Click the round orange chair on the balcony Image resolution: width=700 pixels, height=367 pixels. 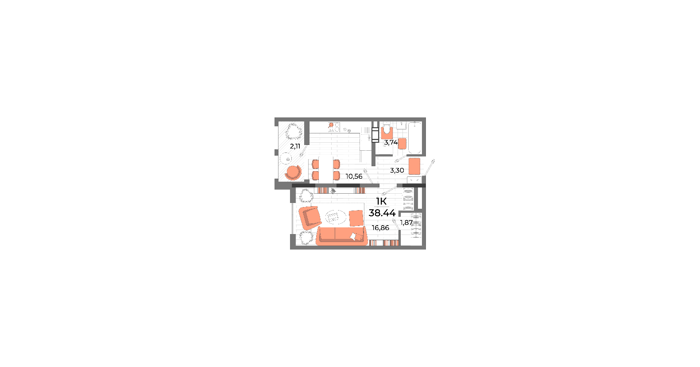[x=293, y=172]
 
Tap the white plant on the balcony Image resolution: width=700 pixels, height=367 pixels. [x=294, y=132]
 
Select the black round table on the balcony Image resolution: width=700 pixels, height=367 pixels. [x=286, y=158]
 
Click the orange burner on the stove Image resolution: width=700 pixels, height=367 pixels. [x=331, y=125]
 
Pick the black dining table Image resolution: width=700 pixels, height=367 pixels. [x=326, y=169]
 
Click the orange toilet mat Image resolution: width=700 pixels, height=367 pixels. [x=387, y=133]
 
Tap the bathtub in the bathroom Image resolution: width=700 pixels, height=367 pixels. [x=415, y=138]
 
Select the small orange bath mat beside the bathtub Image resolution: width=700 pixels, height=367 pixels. [x=402, y=143]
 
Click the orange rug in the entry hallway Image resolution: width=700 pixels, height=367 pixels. [x=414, y=167]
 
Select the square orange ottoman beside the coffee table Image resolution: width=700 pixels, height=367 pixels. [x=356, y=218]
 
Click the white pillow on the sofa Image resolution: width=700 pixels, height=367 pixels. [x=354, y=236]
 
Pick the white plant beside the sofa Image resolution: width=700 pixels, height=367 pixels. [x=306, y=237]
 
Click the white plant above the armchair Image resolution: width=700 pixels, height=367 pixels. [x=306, y=195]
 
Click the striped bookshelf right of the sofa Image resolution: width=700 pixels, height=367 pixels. [x=383, y=243]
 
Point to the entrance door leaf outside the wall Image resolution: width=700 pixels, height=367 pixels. [x=430, y=168]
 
